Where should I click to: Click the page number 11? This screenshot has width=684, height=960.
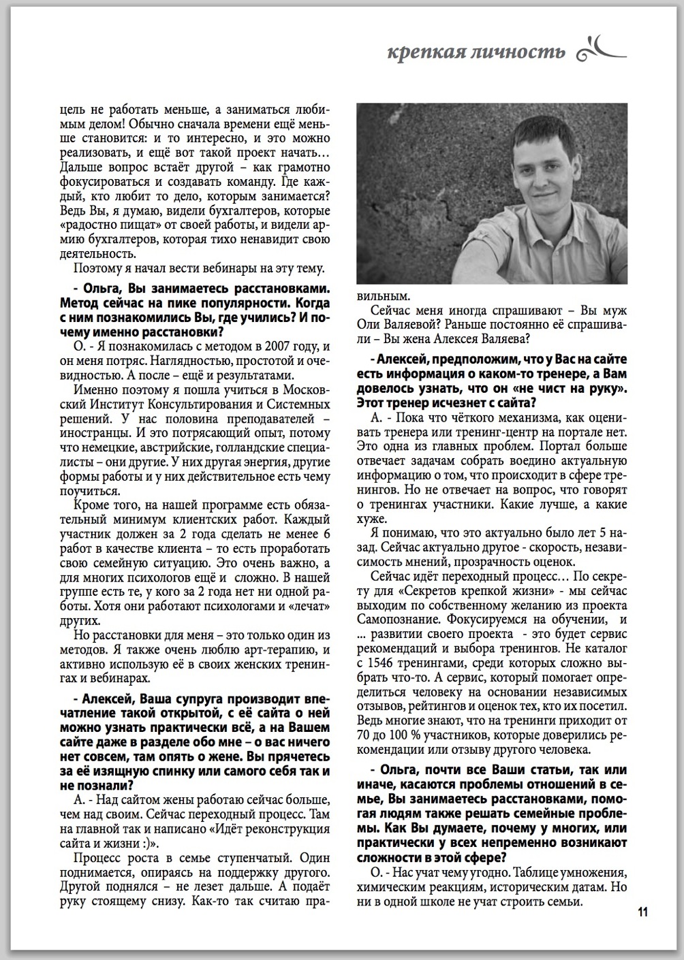point(643,912)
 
